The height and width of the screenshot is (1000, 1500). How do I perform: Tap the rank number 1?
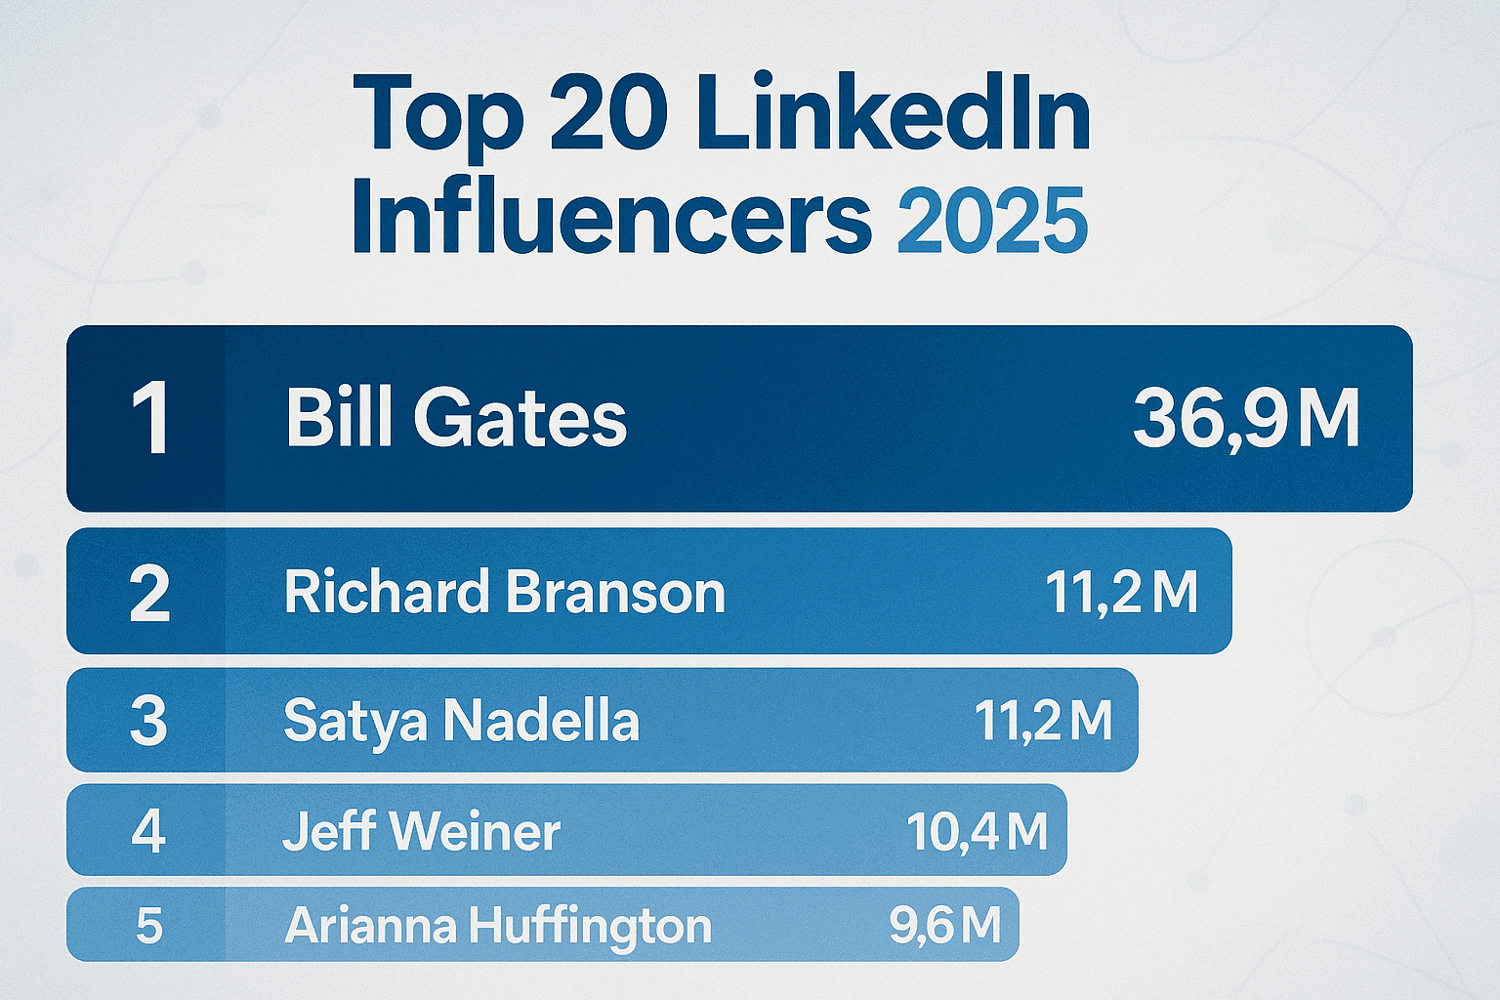(150, 419)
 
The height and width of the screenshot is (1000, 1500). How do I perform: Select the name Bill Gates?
(456, 419)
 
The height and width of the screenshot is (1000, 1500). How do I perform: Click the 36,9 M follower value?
(1246, 419)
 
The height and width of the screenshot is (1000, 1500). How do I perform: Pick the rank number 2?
(149, 593)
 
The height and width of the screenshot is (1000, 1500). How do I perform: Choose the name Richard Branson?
(505, 592)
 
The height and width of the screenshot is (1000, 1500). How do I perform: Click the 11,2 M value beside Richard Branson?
(1121, 592)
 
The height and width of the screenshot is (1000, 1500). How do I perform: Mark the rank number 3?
(148, 721)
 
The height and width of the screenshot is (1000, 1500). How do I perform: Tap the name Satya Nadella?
(461, 721)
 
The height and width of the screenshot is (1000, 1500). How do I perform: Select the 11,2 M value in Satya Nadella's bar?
(1043, 721)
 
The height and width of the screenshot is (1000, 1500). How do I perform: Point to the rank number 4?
(148, 831)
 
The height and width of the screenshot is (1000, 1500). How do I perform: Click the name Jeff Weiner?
(422, 831)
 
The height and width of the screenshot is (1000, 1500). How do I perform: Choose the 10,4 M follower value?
(977, 831)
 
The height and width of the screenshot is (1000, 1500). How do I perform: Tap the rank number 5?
(148, 925)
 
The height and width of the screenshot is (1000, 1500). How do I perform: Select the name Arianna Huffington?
(498, 926)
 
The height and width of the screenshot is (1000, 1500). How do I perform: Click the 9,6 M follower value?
(944, 925)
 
